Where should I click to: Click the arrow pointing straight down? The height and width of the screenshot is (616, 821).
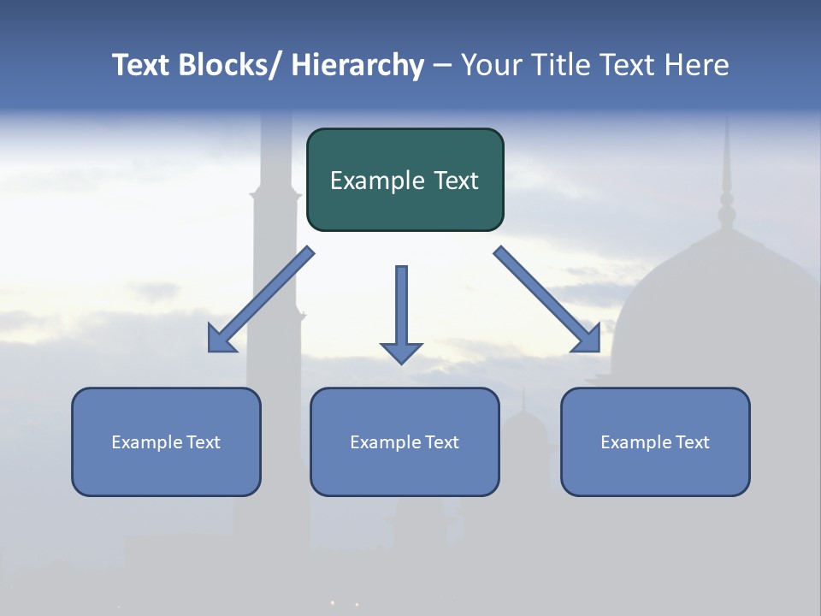(401, 308)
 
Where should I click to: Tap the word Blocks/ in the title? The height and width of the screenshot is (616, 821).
(228, 65)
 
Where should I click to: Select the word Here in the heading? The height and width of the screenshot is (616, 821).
(697, 65)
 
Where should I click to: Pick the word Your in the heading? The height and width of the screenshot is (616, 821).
(491, 65)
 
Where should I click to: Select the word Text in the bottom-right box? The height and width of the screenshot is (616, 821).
(692, 442)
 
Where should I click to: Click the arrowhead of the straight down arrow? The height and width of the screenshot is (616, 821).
(401, 352)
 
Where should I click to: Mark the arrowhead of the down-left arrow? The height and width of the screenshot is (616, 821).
(220, 341)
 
